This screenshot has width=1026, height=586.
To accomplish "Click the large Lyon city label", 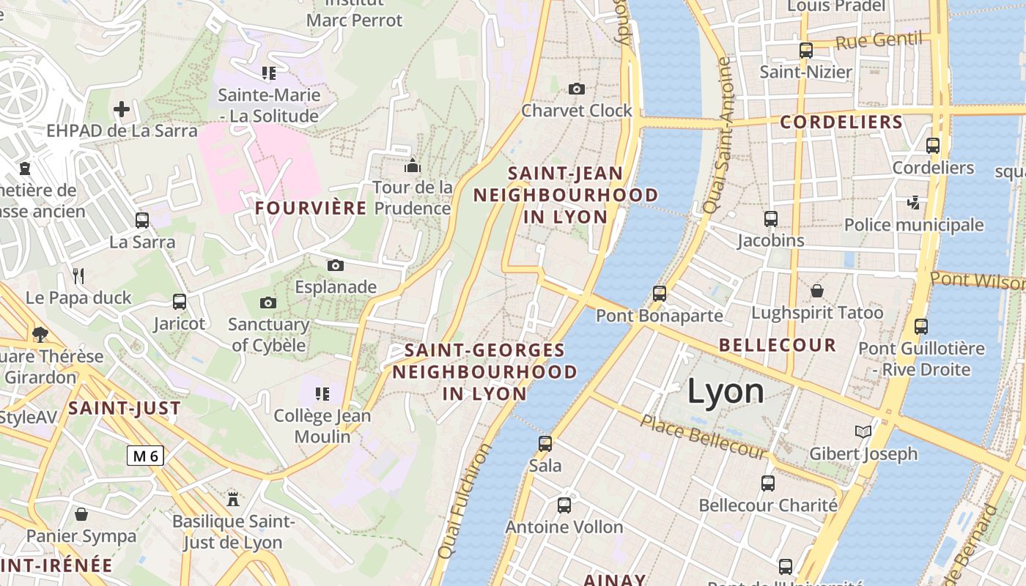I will click(726, 392).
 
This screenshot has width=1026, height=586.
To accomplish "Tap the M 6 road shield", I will click(144, 456).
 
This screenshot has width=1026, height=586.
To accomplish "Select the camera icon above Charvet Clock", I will click(577, 89).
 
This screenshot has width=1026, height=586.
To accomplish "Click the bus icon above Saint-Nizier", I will click(806, 51).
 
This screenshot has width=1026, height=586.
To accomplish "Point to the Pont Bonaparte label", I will click(659, 316).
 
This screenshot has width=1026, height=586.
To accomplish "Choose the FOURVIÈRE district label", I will click(311, 208).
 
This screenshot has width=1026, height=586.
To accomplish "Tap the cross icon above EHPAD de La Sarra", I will click(122, 110).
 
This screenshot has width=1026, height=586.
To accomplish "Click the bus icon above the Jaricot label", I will click(180, 301).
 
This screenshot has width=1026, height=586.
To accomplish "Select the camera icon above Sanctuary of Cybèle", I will click(268, 303).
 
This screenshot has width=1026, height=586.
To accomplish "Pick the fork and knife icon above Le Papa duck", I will click(79, 276).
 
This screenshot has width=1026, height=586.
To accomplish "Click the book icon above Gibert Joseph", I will click(864, 432).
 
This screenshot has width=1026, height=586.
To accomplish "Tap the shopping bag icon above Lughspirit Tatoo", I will click(817, 291).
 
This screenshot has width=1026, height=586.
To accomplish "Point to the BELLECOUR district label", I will click(778, 345).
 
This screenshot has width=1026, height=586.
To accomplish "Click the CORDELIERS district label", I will click(841, 122).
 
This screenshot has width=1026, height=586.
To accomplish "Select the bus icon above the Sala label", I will click(545, 443).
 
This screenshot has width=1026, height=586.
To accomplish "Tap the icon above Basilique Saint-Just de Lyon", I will click(233, 500).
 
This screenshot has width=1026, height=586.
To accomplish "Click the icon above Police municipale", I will click(913, 202).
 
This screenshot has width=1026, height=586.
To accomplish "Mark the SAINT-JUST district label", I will click(125, 409).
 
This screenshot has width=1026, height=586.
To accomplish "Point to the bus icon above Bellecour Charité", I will click(768, 483).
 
